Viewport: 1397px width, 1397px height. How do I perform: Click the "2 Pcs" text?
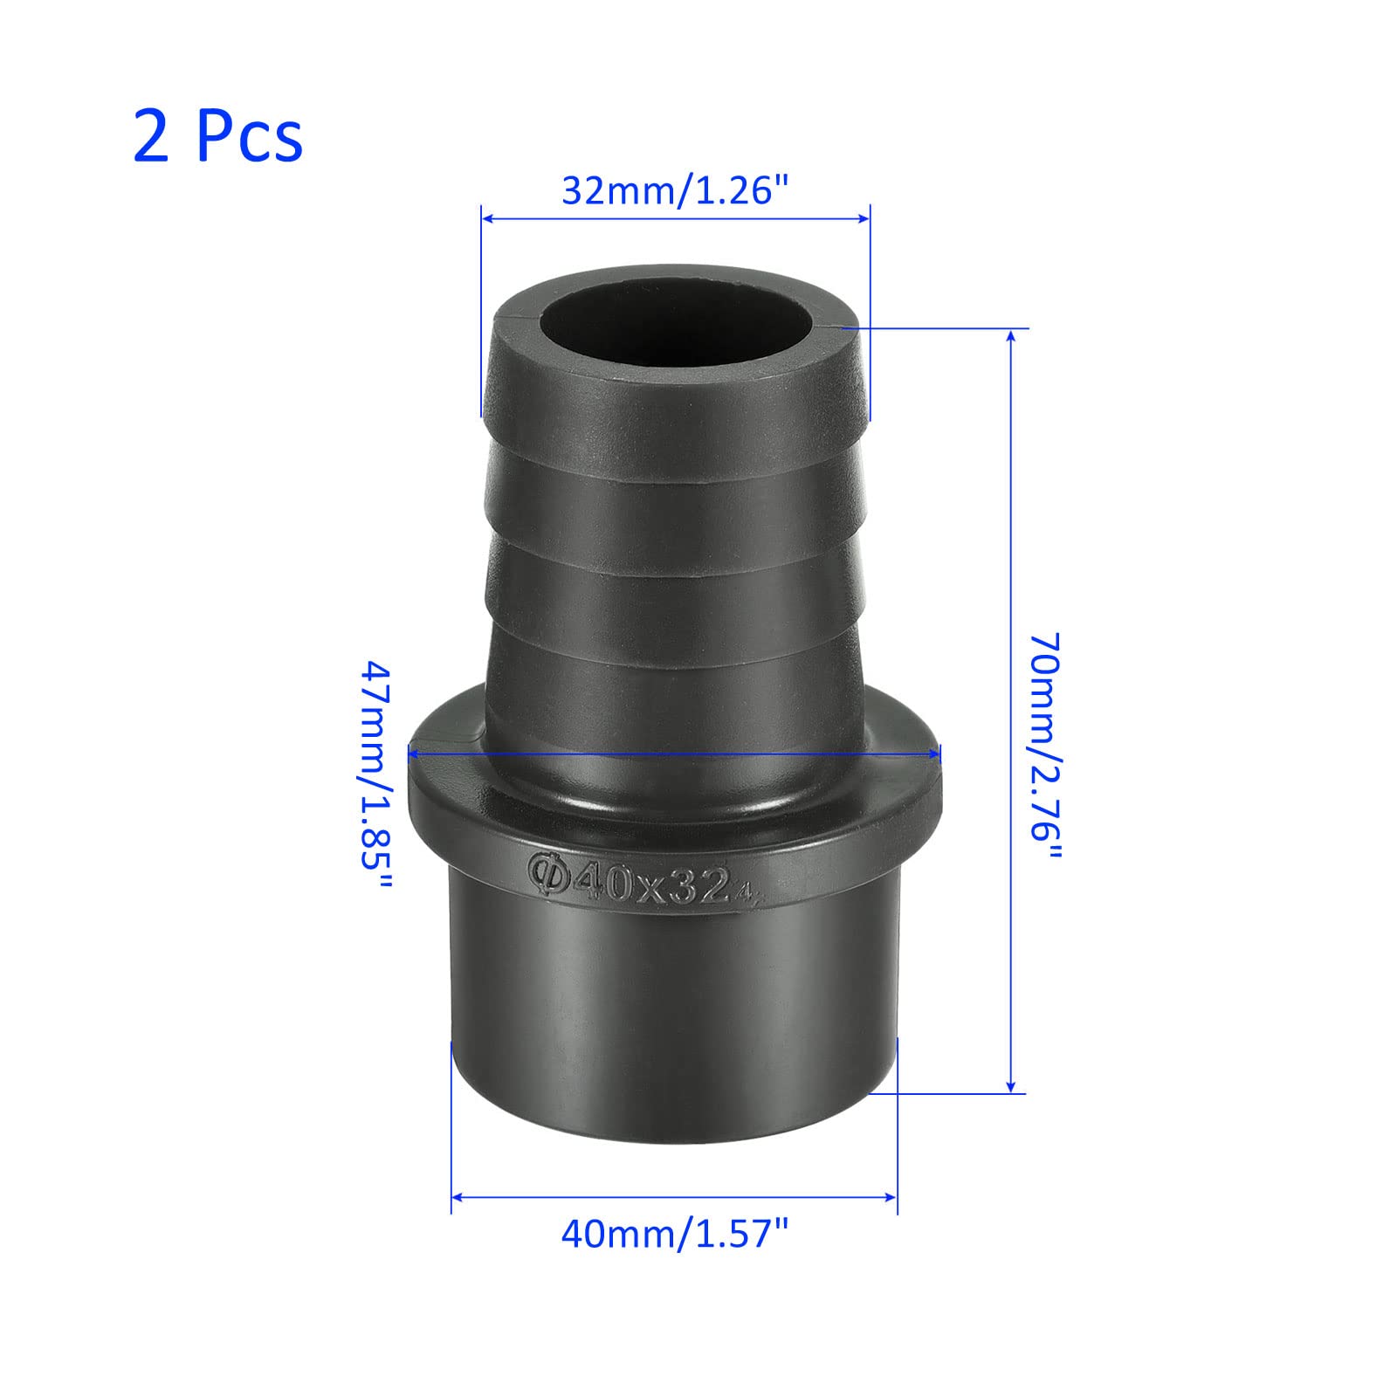pyautogui.click(x=218, y=136)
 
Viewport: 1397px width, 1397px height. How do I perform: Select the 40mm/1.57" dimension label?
pyautogui.click(x=675, y=1235)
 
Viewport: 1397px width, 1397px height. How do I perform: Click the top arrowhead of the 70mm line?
pyautogui.click(x=1012, y=336)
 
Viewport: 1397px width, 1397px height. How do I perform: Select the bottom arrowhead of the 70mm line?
pyautogui.click(x=1011, y=1084)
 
